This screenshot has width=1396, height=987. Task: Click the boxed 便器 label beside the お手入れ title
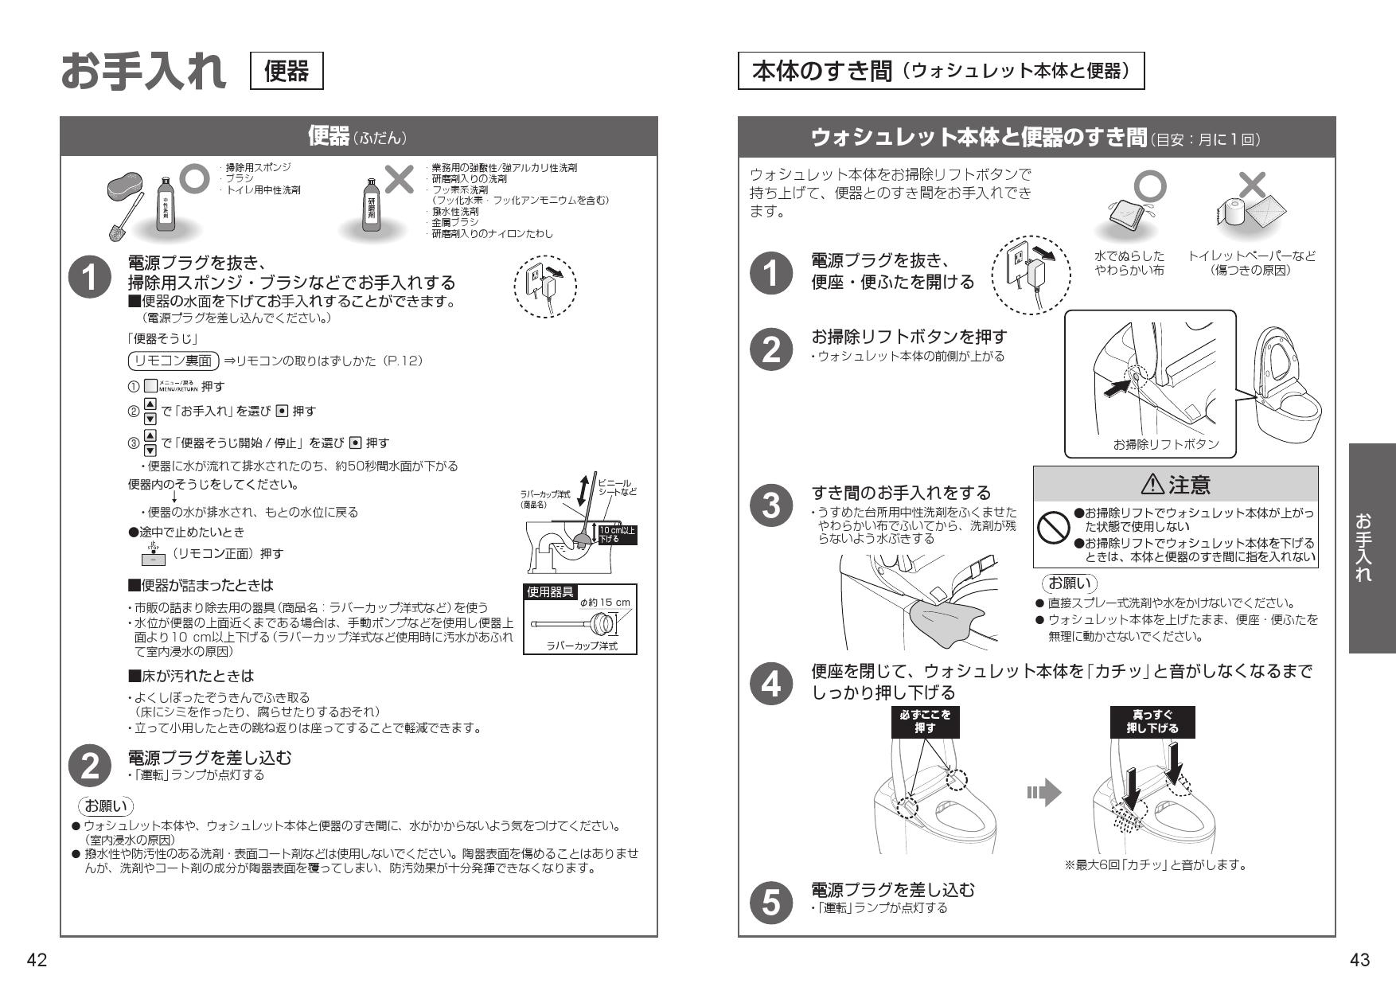coord(287,71)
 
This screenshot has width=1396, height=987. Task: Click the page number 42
coord(37,961)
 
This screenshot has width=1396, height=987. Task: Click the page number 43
coord(1359,961)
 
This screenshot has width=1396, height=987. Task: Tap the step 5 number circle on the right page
coord(771,903)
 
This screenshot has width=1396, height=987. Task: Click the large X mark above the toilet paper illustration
coord(1253,185)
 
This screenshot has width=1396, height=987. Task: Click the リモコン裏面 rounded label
coord(174,361)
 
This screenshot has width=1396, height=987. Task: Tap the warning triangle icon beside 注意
coord(1152,484)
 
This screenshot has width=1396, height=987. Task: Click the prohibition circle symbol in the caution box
coord(1053,526)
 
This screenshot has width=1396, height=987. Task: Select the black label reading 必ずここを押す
coord(925,721)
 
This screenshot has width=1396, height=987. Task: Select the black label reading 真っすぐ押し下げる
coord(1152,721)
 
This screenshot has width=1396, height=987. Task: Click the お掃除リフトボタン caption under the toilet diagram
coord(1166,444)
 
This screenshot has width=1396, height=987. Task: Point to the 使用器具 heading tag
coord(550,592)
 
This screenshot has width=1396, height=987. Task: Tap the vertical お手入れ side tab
coord(1372,548)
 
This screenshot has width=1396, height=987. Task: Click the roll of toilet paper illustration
coord(1230,212)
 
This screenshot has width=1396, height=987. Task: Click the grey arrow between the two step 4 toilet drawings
coord(1044,792)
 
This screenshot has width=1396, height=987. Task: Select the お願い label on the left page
coord(105,805)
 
